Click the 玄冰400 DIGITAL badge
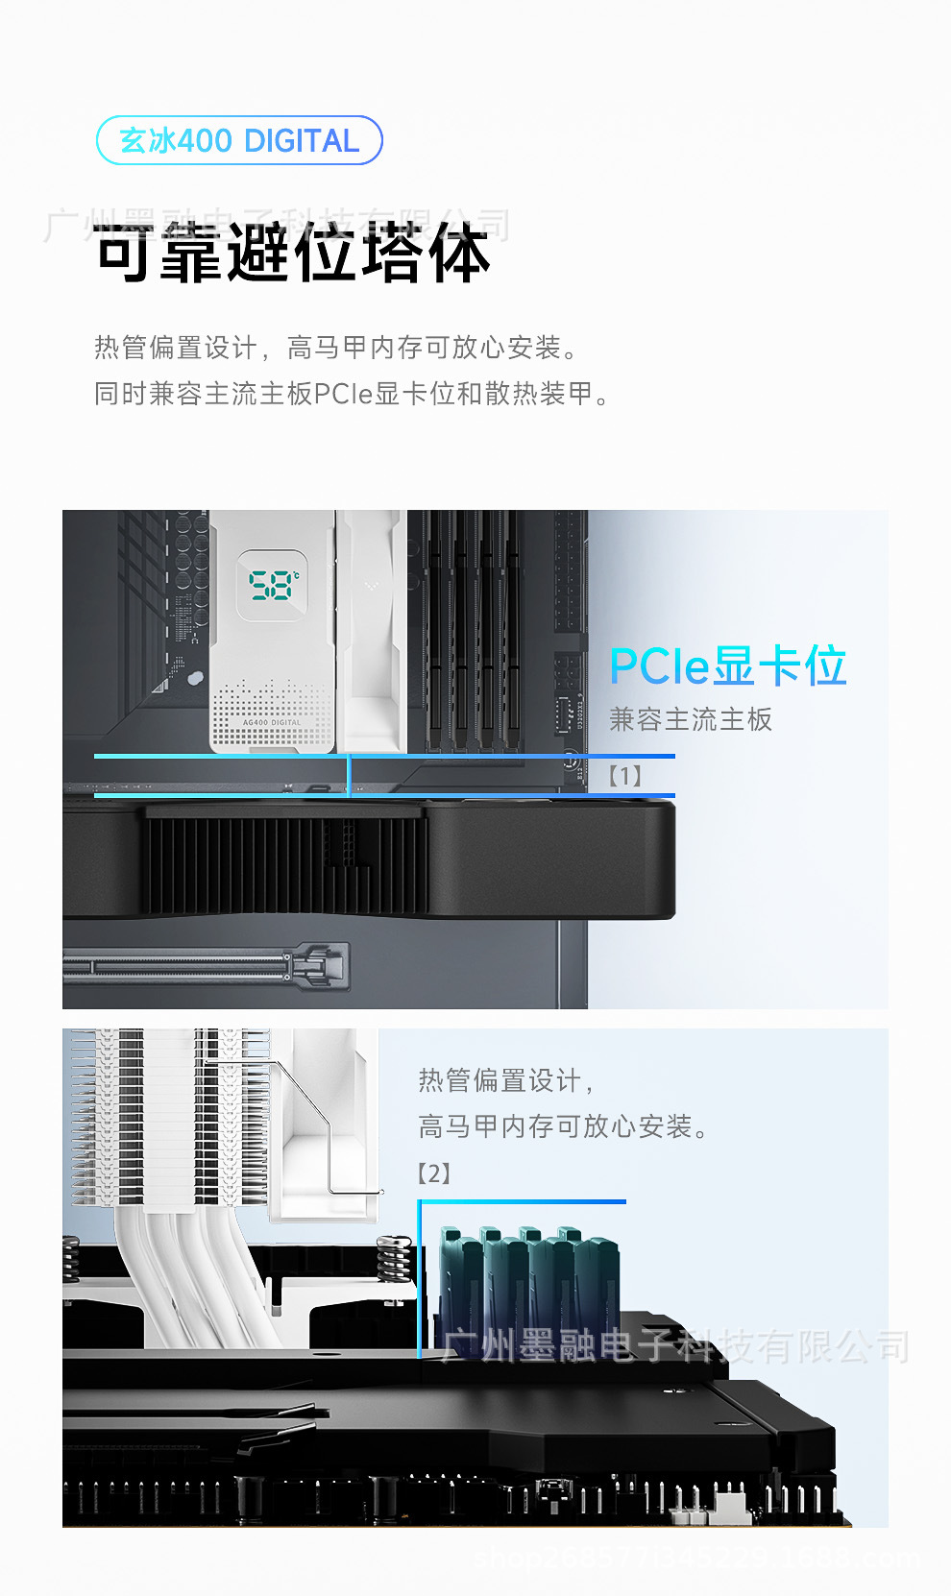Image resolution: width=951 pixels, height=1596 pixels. [239, 141]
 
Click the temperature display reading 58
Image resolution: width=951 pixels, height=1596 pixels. [273, 585]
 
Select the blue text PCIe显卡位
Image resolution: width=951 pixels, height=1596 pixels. [727, 665]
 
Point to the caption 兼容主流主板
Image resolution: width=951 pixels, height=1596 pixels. [690, 719]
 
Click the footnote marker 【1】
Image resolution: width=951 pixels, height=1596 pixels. [624, 776]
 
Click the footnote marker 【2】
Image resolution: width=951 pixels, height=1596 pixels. [434, 1173]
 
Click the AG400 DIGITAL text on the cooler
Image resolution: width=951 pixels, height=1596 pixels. [272, 723]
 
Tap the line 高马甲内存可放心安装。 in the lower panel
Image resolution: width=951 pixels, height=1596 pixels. [564, 1126]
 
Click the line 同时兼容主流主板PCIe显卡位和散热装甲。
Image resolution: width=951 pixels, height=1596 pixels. [353, 394]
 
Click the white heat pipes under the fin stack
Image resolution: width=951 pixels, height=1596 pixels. [192, 1268]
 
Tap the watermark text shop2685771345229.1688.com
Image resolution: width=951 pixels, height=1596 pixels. [696, 1558]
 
